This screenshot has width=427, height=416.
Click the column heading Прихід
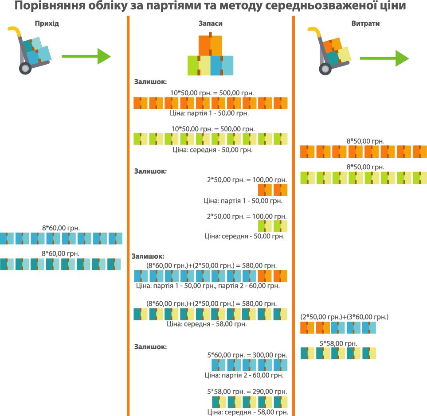click(x=47, y=23)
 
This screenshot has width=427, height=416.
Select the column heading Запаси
click(x=211, y=23)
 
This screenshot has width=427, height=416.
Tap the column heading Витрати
click(x=365, y=23)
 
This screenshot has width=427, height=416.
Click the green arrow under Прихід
click(x=86, y=56)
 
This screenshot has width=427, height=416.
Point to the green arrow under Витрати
click(x=384, y=58)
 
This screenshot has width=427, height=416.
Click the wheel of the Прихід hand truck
click(x=25, y=68)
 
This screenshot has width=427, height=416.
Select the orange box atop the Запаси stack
click(x=210, y=45)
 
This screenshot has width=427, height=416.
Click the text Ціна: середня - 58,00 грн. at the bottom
click(x=248, y=412)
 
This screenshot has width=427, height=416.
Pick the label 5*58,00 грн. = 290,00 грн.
click(x=247, y=392)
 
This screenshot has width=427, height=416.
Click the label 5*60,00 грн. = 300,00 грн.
click(x=247, y=355)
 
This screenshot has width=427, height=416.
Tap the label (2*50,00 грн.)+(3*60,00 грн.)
click(x=345, y=317)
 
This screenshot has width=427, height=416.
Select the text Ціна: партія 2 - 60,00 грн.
click(x=244, y=375)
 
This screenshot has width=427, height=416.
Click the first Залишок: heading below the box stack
click(x=150, y=82)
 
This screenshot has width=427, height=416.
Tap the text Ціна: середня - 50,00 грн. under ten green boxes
click(x=213, y=150)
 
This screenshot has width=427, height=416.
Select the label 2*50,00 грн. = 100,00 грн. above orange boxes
click(x=247, y=180)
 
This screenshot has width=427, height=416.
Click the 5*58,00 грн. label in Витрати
click(x=338, y=344)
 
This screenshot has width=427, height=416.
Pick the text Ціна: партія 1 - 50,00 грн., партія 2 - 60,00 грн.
click(x=208, y=286)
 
